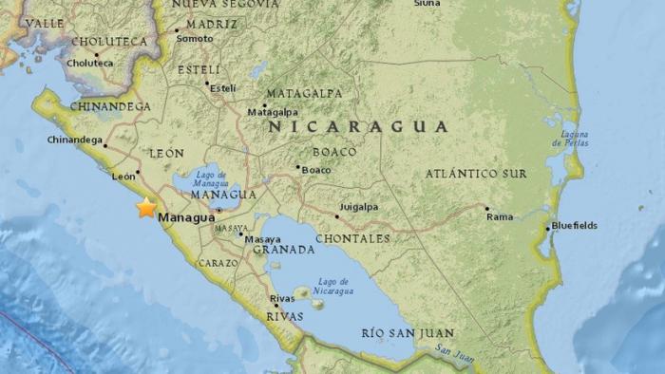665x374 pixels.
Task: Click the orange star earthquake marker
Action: click(146, 208)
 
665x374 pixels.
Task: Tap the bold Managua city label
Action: click(187, 218)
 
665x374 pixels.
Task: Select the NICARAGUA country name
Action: click(358, 126)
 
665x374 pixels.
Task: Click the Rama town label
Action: click(500, 216)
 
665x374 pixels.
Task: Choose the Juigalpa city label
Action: click(359, 206)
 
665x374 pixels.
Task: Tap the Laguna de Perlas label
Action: click(569, 143)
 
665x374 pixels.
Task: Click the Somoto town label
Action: click(195, 38)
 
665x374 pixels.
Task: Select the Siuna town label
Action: click(427, 4)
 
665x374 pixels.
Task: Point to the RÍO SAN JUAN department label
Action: click(408, 333)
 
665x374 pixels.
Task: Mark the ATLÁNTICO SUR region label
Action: click(474, 174)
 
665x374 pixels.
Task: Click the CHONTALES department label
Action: click(351, 238)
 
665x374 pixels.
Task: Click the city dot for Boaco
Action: click(297, 168)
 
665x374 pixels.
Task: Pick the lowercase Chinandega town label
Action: click(75, 140)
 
